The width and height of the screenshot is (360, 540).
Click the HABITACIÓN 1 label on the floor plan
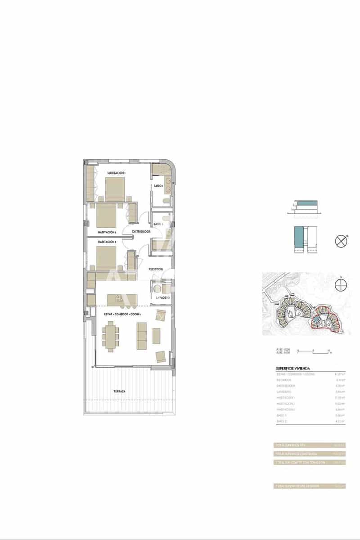[116, 173]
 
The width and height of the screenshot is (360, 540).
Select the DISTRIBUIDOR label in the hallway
[141, 232]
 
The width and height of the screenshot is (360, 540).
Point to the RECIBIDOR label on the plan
[156, 269]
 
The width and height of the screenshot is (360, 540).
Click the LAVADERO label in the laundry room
[162, 298]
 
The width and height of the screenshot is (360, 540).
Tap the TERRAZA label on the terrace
[119, 391]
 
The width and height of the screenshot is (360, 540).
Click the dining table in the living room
[111, 336]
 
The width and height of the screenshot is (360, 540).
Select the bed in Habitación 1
[115, 189]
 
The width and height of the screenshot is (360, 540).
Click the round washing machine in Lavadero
[158, 288]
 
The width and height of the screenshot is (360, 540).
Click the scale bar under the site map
[315, 351]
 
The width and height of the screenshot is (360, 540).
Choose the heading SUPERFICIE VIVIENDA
[292, 368]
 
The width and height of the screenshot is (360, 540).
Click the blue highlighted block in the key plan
[298, 237]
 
